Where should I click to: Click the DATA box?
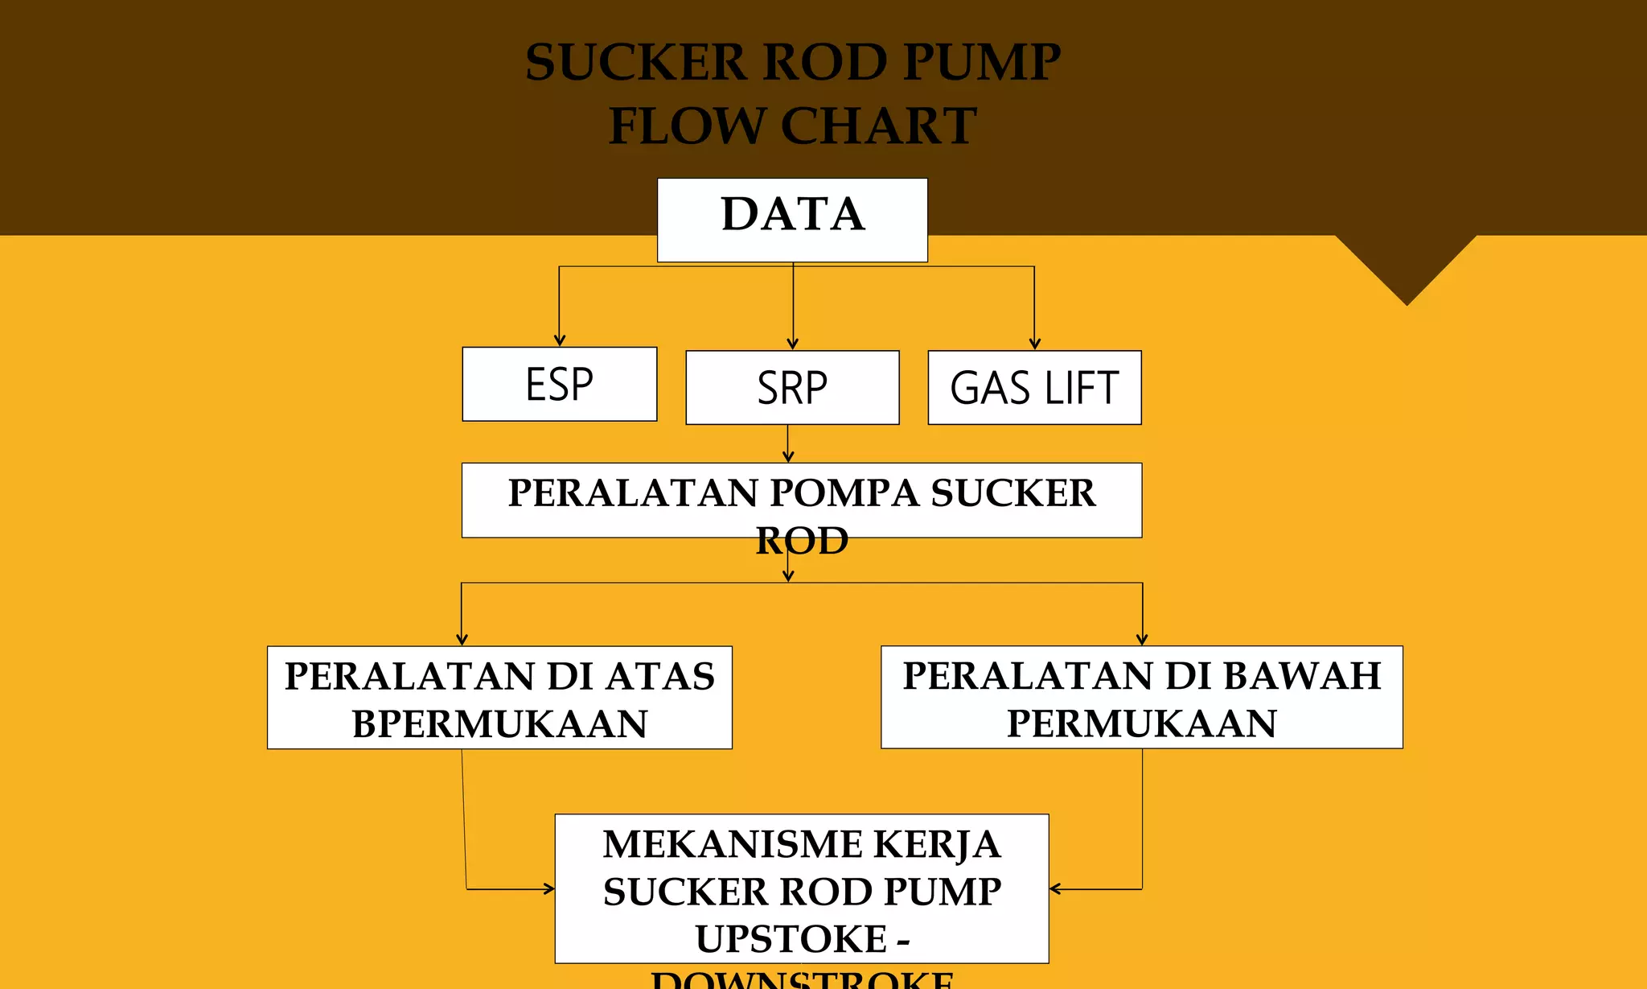(x=792, y=219)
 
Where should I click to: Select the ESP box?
(x=559, y=384)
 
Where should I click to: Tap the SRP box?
(x=792, y=387)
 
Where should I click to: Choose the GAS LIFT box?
(x=1034, y=387)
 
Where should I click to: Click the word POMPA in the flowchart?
(x=844, y=492)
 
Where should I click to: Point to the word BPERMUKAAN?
(x=499, y=723)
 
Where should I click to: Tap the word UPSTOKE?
(x=791, y=938)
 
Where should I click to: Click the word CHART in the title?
(x=878, y=126)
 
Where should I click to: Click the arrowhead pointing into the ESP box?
(x=560, y=341)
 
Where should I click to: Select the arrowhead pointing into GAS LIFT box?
(x=1035, y=344)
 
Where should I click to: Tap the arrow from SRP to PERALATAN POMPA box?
(x=788, y=445)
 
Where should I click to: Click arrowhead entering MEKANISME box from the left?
(x=548, y=888)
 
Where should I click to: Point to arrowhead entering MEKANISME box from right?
(x=1056, y=888)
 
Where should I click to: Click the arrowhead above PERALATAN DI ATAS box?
(x=462, y=640)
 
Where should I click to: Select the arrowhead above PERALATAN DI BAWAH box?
(x=1142, y=640)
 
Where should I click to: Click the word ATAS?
(x=659, y=676)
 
